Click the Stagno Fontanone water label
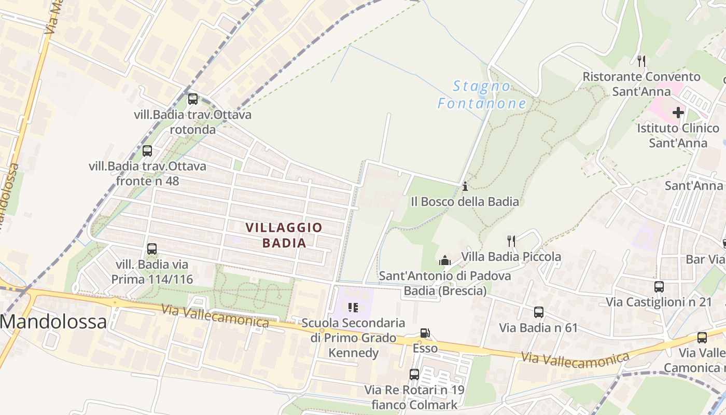(482, 94)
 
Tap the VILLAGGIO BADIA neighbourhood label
(284, 234)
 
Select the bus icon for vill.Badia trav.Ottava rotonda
(193, 99)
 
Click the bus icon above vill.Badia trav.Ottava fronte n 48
(147, 151)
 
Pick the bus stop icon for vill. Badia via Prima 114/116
(152, 248)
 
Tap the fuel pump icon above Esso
(425, 333)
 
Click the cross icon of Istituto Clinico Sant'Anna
(678, 112)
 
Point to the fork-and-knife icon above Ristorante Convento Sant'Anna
(641, 61)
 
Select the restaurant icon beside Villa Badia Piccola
(511, 241)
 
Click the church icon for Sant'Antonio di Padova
(445, 260)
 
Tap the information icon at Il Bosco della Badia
(465, 186)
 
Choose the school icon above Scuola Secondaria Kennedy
(353, 308)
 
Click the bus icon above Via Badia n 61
(539, 312)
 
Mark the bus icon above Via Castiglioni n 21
(659, 287)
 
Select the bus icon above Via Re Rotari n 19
(414, 374)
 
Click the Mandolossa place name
(53, 322)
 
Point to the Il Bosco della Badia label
(465, 201)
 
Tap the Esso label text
(425, 348)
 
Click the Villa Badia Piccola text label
(511, 256)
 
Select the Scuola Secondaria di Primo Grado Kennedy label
(353, 338)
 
